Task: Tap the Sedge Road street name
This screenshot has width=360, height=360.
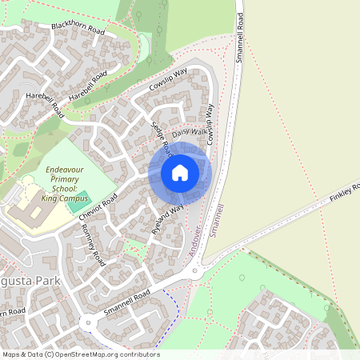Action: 162,138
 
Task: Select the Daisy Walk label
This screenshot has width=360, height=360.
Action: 190,130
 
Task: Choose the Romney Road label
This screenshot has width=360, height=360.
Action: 93,244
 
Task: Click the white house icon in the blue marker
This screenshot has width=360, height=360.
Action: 180,173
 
